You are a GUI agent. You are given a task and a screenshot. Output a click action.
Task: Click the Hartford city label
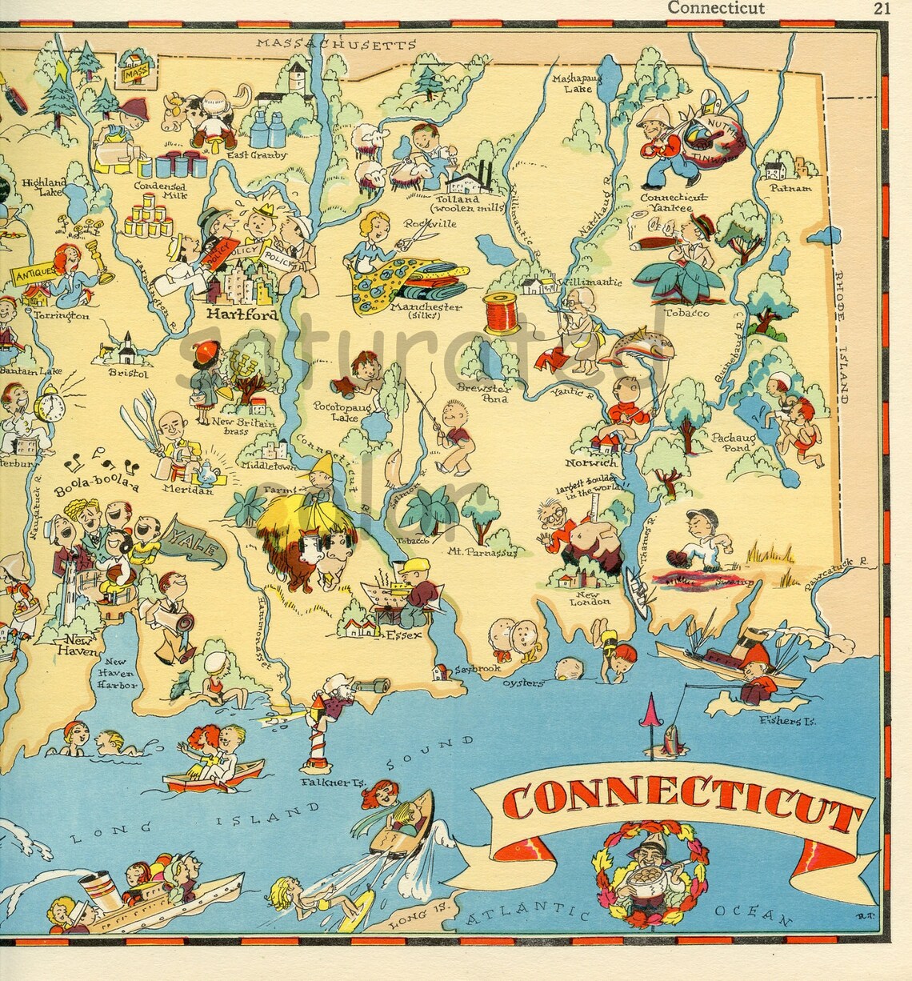click(242, 314)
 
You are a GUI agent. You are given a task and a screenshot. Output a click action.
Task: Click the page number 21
click(882, 8)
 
